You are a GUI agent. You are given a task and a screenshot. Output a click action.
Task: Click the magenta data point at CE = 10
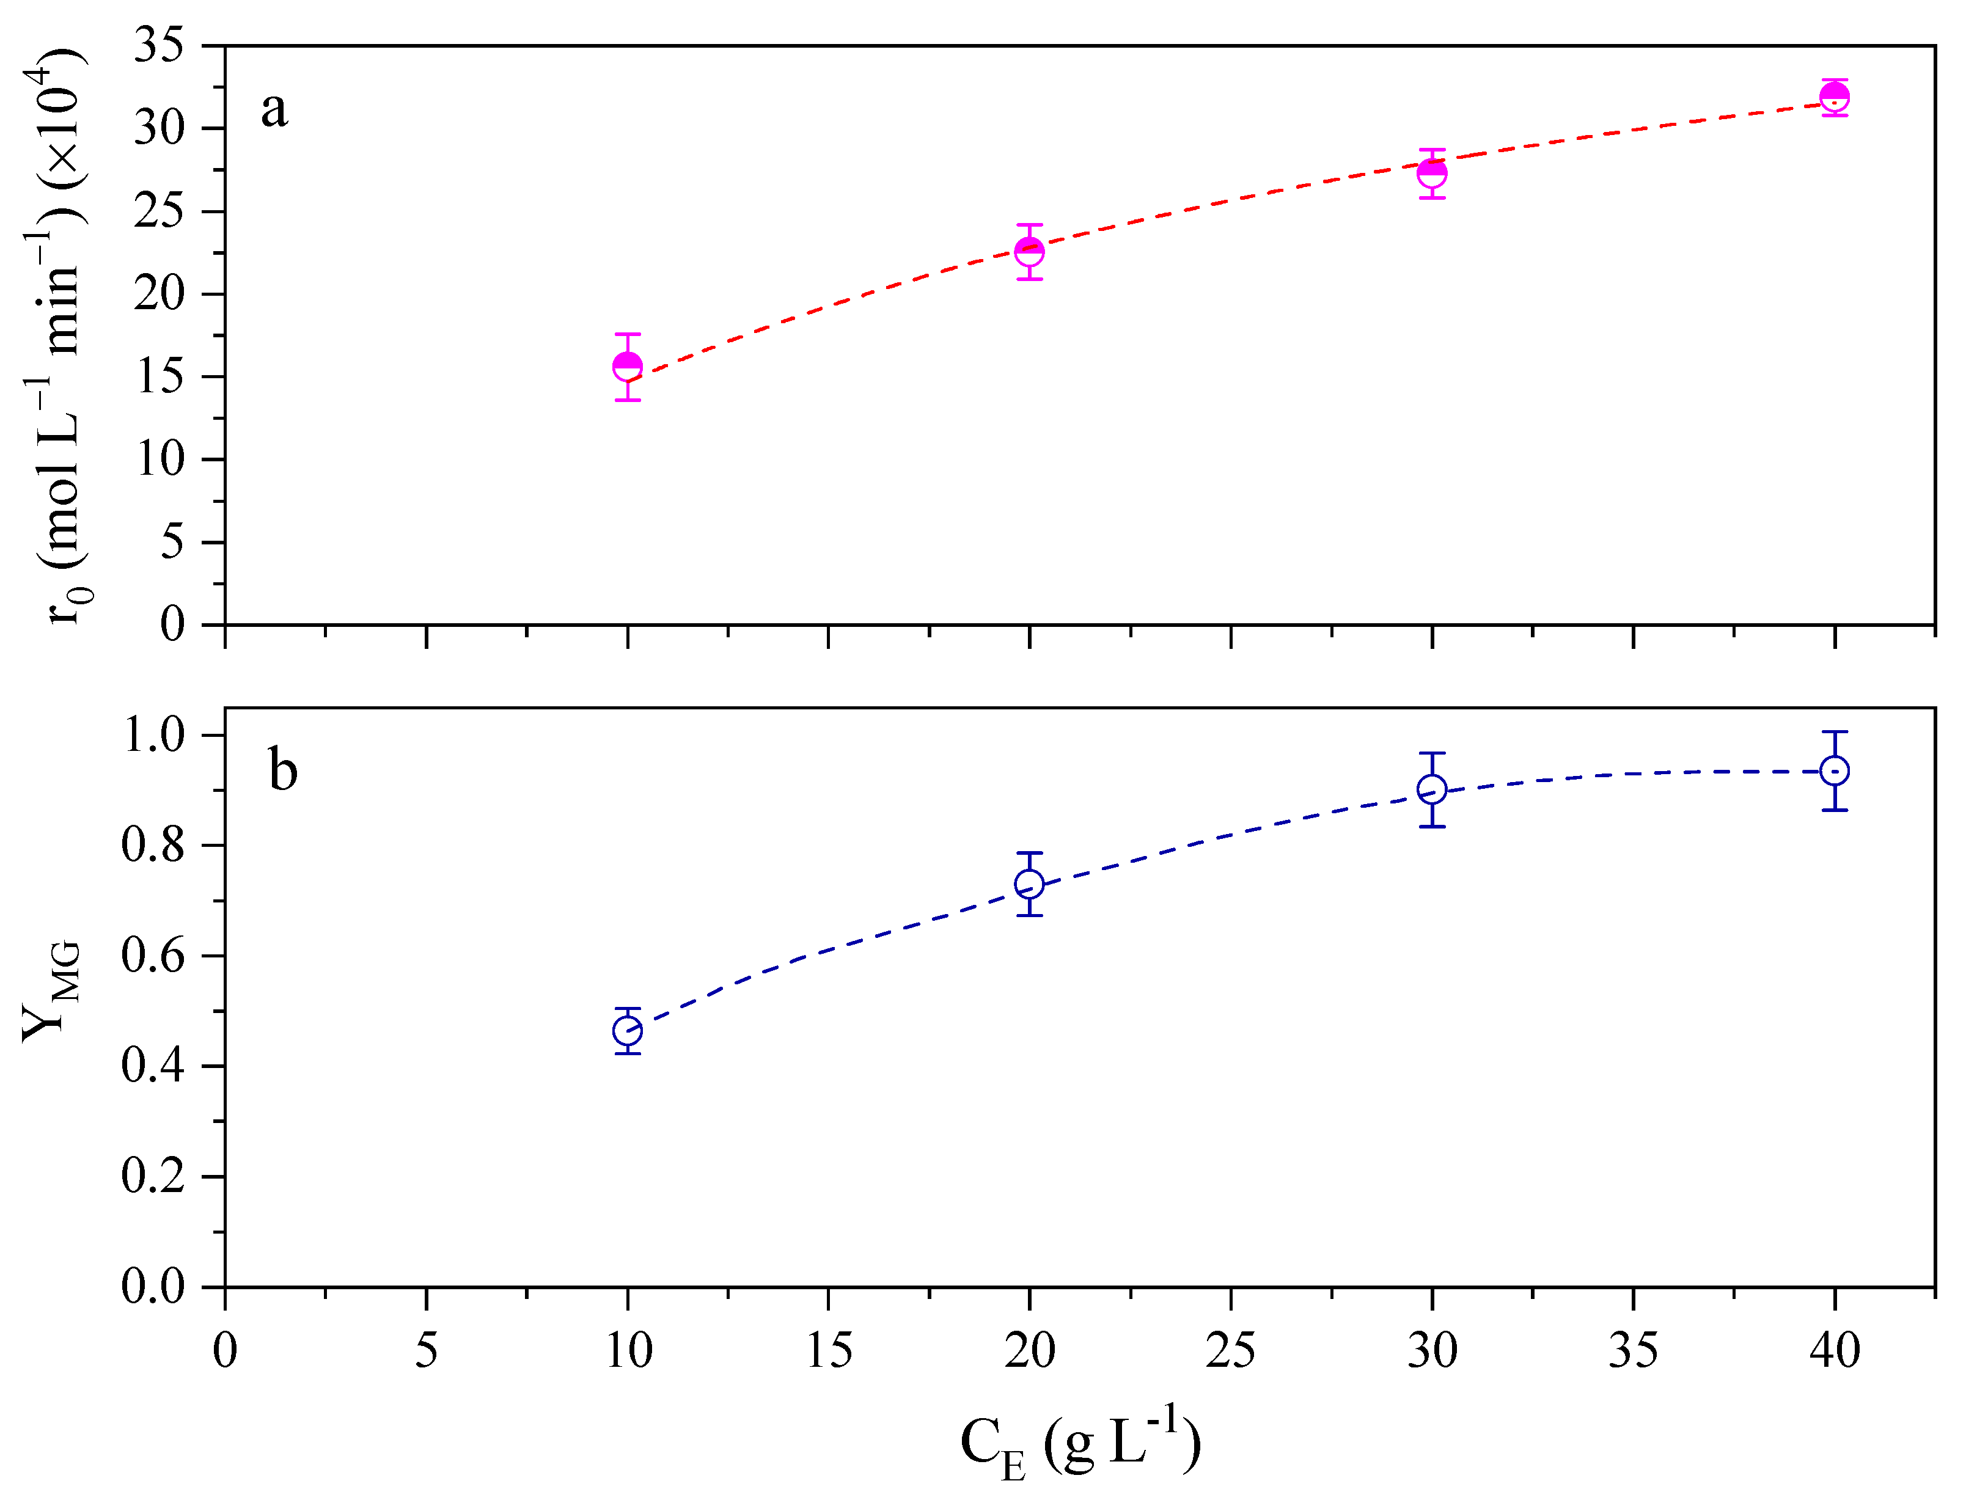coord(628,366)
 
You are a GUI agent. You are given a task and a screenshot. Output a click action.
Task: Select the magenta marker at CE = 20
coord(1030,252)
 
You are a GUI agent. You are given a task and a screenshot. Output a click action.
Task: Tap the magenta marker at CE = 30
coord(1432,174)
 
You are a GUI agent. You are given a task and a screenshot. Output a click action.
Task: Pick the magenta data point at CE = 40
coord(1835,97)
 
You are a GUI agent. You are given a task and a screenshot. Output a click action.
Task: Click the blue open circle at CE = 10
coord(628,1031)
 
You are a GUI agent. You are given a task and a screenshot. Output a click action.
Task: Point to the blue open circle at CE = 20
coord(1030,885)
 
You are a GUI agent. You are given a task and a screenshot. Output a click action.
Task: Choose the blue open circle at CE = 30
coord(1432,790)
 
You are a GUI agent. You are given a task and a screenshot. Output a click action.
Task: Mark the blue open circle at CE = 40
coord(1835,771)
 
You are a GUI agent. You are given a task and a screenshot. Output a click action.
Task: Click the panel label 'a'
coord(274,111)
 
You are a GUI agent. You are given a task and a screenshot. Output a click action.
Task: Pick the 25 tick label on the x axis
coord(1231,1350)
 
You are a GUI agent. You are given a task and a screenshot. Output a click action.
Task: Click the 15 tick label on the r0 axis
coord(159,376)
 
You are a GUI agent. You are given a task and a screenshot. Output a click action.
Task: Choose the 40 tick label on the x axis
coord(1835,1350)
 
